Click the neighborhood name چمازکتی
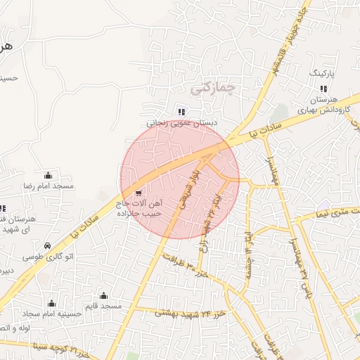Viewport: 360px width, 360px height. (212, 87)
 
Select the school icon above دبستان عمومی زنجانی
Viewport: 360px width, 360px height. (181, 111)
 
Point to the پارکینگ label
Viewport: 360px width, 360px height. (323, 72)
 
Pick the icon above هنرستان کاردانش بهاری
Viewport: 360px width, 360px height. (323, 89)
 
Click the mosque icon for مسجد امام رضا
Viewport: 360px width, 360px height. (49, 174)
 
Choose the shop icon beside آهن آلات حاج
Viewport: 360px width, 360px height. (136, 193)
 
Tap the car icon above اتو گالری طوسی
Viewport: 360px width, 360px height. (46, 246)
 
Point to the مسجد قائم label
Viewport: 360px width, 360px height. (103, 306)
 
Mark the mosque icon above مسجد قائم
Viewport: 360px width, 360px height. (104, 295)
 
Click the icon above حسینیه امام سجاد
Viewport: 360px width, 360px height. (51, 303)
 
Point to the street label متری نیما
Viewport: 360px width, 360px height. (330, 211)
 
